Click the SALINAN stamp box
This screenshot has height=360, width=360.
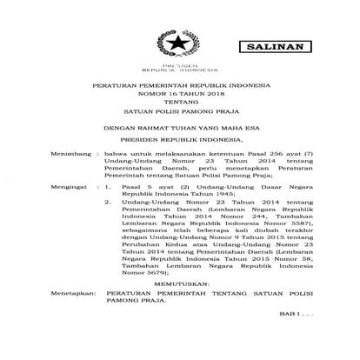click(x=277, y=44)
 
